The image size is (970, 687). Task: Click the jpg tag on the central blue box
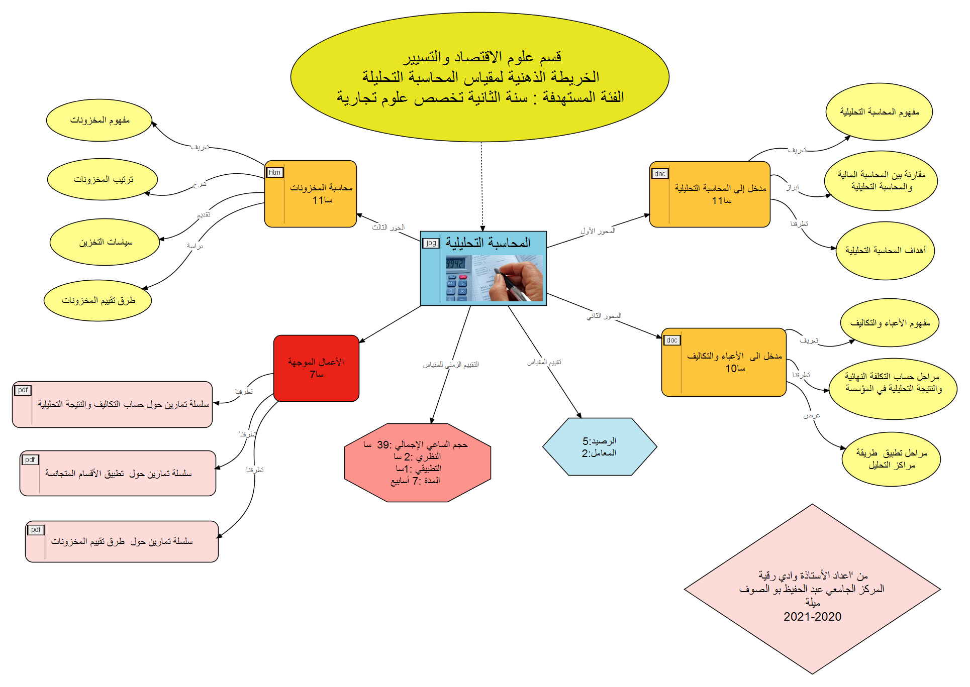[431, 243]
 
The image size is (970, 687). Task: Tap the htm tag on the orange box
[274, 172]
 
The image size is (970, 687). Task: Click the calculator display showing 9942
[455, 263]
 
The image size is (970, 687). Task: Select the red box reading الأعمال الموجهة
[316, 368]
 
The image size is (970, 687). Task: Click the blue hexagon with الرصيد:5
[599, 446]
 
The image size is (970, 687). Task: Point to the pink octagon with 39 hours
[417, 463]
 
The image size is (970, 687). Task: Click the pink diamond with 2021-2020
[812, 589]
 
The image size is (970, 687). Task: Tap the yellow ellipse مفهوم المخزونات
[100, 121]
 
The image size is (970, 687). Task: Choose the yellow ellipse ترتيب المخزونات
[103, 179]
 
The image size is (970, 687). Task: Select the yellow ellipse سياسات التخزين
[105, 242]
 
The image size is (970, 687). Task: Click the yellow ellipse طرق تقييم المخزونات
[98, 300]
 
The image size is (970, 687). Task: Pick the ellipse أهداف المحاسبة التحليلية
[885, 251]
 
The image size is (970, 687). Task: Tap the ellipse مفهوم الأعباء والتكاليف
[890, 323]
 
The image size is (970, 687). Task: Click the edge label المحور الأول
[598, 231]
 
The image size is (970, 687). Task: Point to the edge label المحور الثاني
[604, 316]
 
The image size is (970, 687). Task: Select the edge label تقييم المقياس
[544, 362]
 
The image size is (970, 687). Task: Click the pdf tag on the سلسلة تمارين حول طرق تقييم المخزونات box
[36, 530]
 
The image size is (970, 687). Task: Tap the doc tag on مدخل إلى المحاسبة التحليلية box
[659, 174]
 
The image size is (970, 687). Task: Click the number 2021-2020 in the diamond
[812, 617]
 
